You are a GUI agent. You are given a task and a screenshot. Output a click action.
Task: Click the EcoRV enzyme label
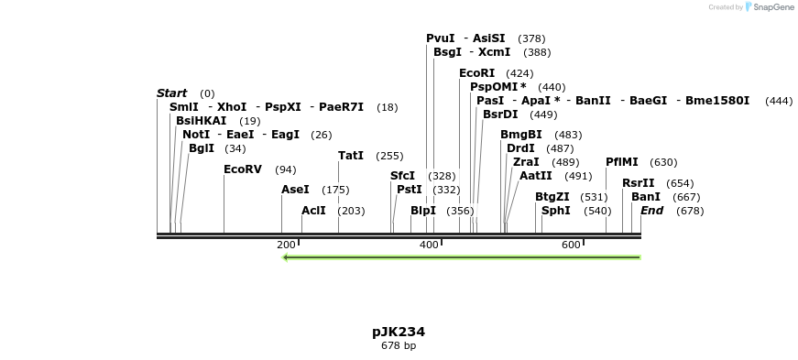point(243,169)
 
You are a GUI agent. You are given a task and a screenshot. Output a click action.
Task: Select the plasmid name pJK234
point(399,332)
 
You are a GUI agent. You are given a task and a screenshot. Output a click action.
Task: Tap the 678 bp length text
point(399,346)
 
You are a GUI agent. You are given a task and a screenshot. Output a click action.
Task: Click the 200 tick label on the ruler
point(286,245)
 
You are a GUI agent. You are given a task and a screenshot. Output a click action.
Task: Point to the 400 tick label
point(429,245)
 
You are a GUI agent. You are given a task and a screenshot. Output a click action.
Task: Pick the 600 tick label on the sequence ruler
point(572,245)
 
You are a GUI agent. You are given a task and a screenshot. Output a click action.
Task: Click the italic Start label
point(171,93)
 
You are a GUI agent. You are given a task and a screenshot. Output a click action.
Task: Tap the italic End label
point(651,211)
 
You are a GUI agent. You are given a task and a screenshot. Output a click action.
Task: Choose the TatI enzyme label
point(351,156)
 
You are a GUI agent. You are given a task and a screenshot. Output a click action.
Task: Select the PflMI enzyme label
point(622,162)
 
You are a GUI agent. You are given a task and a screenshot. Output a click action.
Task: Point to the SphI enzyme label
point(556,211)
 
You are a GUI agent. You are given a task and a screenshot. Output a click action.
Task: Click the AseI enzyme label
point(295,190)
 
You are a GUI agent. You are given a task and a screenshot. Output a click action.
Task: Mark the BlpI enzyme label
point(423,211)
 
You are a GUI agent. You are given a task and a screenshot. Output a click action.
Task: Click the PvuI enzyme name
point(441,38)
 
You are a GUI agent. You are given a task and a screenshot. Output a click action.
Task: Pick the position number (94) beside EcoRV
point(286,169)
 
